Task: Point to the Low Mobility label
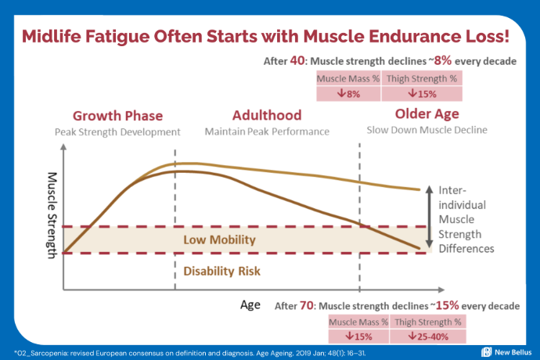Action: [221, 239]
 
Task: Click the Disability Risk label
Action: [221, 272]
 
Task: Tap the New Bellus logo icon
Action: [487, 351]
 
